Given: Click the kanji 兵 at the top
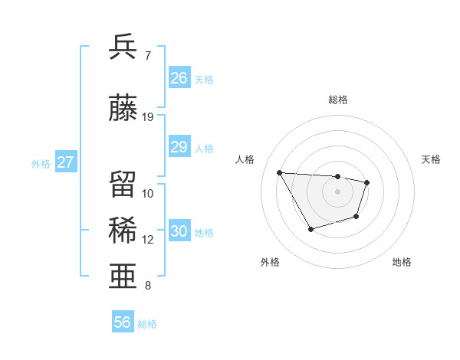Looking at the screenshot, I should (x=123, y=47).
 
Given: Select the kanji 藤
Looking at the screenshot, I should (x=123, y=108).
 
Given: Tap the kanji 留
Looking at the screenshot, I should (x=123, y=185).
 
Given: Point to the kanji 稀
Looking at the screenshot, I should (x=123, y=231).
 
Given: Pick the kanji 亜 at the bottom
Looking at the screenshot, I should (x=123, y=277).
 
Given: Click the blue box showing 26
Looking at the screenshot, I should (x=179, y=78).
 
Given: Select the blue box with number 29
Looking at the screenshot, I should (x=179, y=147).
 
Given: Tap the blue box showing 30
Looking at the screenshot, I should (x=179, y=231).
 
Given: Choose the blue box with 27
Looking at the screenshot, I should (x=66, y=162).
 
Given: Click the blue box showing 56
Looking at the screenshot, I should (x=123, y=322).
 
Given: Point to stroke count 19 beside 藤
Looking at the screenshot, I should (x=148, y=116).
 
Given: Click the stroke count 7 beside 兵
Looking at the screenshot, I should (x=148, y=55).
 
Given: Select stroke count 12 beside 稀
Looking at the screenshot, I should (x=148, y=239).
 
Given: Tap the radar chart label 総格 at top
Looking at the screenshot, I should (x=338, y=100).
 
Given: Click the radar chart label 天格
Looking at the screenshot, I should (x=432, y=159).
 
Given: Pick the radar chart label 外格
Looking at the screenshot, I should (x=270, y=262).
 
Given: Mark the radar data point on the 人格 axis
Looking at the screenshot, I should (x=279, y=172).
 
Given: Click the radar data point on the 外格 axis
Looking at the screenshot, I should (x=310, y=229).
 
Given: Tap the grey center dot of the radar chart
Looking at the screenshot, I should (x=338, y=191).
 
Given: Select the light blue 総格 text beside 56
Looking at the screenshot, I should (x=147, y=324).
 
